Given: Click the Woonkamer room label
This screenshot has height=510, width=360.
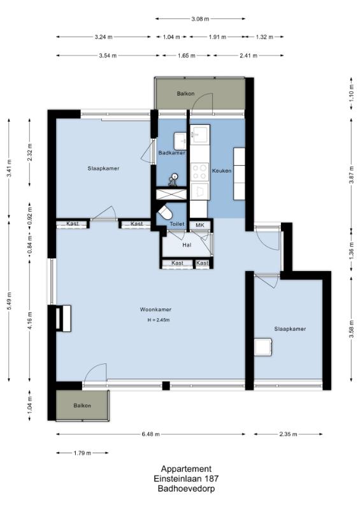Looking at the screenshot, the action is [x=155, y=310].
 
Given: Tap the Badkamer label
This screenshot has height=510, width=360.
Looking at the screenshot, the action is [x=171, y=152].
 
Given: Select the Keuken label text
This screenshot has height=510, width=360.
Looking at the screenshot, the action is [x=222, y=171].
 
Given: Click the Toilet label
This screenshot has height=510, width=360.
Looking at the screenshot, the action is [x=177, y=224].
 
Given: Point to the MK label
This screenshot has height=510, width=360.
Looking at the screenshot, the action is [x=199, y=225].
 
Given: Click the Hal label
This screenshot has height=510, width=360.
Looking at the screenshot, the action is [x=187, y=245].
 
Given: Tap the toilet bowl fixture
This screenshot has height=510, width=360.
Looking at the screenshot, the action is [x=165, y=212].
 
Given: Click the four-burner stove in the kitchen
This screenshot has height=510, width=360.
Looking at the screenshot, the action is [x=199, y=172].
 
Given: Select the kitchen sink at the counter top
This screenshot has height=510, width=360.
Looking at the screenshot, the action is [x=199, y=134].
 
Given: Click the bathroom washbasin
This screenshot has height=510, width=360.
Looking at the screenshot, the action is [x=180, y=141].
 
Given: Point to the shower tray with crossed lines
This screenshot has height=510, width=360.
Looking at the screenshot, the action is [x=171, y=194].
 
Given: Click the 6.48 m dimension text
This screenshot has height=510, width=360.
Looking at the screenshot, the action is [x=150, y=434].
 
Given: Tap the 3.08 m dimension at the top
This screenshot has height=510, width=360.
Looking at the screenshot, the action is [x=200, y=19].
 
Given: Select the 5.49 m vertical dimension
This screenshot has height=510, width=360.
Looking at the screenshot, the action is [x=9, y=301].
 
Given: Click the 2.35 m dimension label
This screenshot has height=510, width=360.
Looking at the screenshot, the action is [x=288, y=434].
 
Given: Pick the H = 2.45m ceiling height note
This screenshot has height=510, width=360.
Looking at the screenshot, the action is [x=159, y=320].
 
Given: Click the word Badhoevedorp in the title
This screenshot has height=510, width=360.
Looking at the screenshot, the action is [x=186, y=488].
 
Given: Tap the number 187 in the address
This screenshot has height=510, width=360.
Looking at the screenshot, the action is [x=212, y=479].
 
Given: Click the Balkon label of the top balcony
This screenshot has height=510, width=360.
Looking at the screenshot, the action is [x=185, y=94].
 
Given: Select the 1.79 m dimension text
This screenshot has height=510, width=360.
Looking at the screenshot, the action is [x=82, y=453].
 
